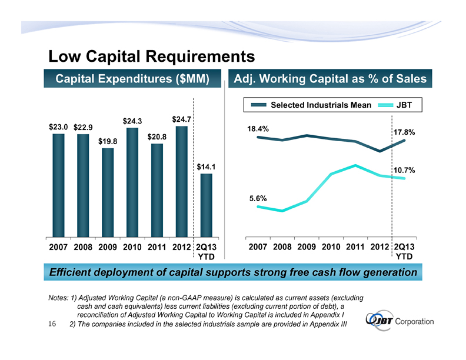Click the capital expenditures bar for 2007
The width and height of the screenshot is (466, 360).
(x=58, y=185)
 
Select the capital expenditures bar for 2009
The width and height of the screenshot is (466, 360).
(x=107, y=192)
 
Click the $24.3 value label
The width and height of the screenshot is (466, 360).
(x=132, y=121)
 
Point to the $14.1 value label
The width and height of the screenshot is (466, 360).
(x=207, y=166)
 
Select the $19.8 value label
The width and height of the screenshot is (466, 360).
(x=108, y=141)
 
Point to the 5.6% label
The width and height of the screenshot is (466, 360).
(x=258, y=198)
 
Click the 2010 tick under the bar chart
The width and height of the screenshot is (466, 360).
(x=132, y=247)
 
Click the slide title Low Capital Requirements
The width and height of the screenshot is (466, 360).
(x=151, y=56)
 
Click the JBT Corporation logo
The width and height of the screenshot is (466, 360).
(x=400, y=321)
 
